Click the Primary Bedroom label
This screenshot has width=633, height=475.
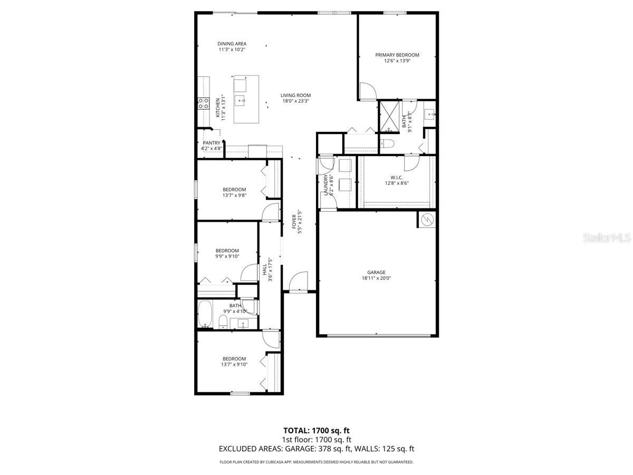click(397, 55)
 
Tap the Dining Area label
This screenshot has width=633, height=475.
click(232, 44)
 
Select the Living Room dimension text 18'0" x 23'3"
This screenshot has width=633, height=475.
click(295, 101)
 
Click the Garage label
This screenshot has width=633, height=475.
click(376, 272)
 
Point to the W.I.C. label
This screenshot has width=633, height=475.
click(397, 177)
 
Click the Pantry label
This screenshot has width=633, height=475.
click(211, 143)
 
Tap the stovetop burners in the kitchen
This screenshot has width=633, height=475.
click(203, 103)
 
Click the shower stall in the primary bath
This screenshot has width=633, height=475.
click(391, 116)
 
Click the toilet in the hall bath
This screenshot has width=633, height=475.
click(223, 321)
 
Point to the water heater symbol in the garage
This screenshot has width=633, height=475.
click(427, 220)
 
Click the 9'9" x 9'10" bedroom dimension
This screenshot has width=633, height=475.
click(227, 256)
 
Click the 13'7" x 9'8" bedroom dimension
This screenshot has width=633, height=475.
click(234, 195)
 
